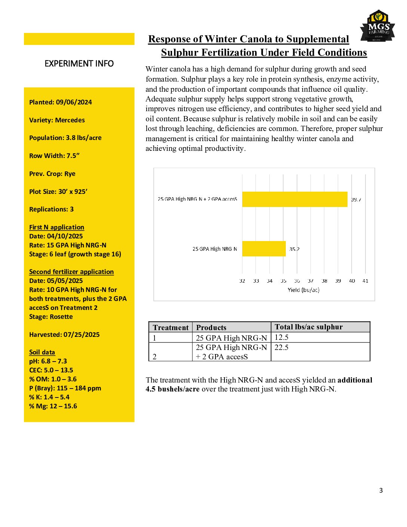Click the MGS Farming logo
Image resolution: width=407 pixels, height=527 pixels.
pos(377,27)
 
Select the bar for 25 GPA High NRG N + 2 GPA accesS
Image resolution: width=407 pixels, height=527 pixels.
pos(295,199)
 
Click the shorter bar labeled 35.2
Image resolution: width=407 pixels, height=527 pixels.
pos(264,249)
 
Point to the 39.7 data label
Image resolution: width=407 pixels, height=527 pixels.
pos(356,199)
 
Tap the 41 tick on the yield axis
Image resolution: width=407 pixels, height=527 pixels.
pos(365,281)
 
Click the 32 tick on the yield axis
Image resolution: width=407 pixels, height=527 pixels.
pos(242,281)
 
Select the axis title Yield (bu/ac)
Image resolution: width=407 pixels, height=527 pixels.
pos(303,290)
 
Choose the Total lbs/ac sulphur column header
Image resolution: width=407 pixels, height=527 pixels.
pos(309,327)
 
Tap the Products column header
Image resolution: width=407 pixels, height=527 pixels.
pos(211,328)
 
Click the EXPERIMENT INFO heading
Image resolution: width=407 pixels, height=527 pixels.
pos(79,64)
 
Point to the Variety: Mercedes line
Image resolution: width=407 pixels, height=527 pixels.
pos(57,120)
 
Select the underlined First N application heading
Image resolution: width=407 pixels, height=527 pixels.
pos(56,227)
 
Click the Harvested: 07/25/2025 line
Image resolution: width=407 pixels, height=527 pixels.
pos(64,335)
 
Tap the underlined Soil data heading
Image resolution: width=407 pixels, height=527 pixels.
pos(42,352)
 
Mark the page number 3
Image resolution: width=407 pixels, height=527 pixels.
pos(381,490)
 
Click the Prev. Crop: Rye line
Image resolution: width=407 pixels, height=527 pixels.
pos(52,174)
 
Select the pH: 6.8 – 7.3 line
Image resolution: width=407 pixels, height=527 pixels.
pos(48,361)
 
